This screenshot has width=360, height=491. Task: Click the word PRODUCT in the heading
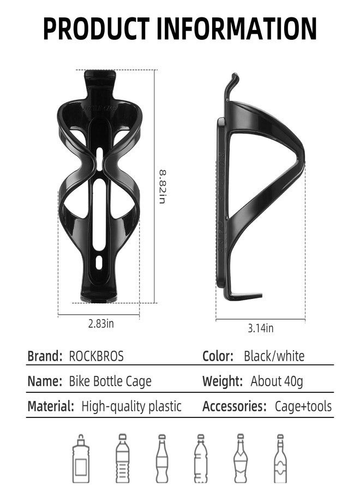click(96, 28)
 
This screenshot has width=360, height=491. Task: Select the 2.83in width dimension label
click(101, 323)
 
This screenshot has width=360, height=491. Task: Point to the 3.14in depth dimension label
click(260, 328)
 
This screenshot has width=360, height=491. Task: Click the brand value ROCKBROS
click(97, 356)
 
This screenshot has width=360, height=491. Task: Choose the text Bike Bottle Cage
click(110, 381)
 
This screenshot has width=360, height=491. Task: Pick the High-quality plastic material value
click(131, 406)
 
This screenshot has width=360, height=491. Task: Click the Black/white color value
click(274, 356)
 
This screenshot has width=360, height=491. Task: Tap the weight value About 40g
click(277, 381)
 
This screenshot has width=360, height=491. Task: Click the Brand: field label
click(45, 356)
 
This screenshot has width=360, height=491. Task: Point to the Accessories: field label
click(234, 406)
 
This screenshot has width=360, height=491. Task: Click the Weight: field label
click(222, 381)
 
